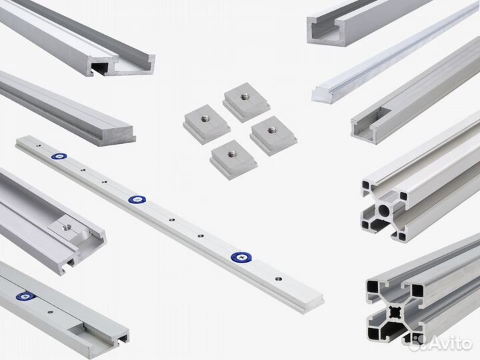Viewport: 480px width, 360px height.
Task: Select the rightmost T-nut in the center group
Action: click(273, 133)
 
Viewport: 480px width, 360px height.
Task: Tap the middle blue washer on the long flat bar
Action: click(137, 199)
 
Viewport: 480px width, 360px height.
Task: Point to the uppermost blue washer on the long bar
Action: click(58, 157)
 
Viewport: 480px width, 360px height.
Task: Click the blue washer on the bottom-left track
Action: click(26, 295)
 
